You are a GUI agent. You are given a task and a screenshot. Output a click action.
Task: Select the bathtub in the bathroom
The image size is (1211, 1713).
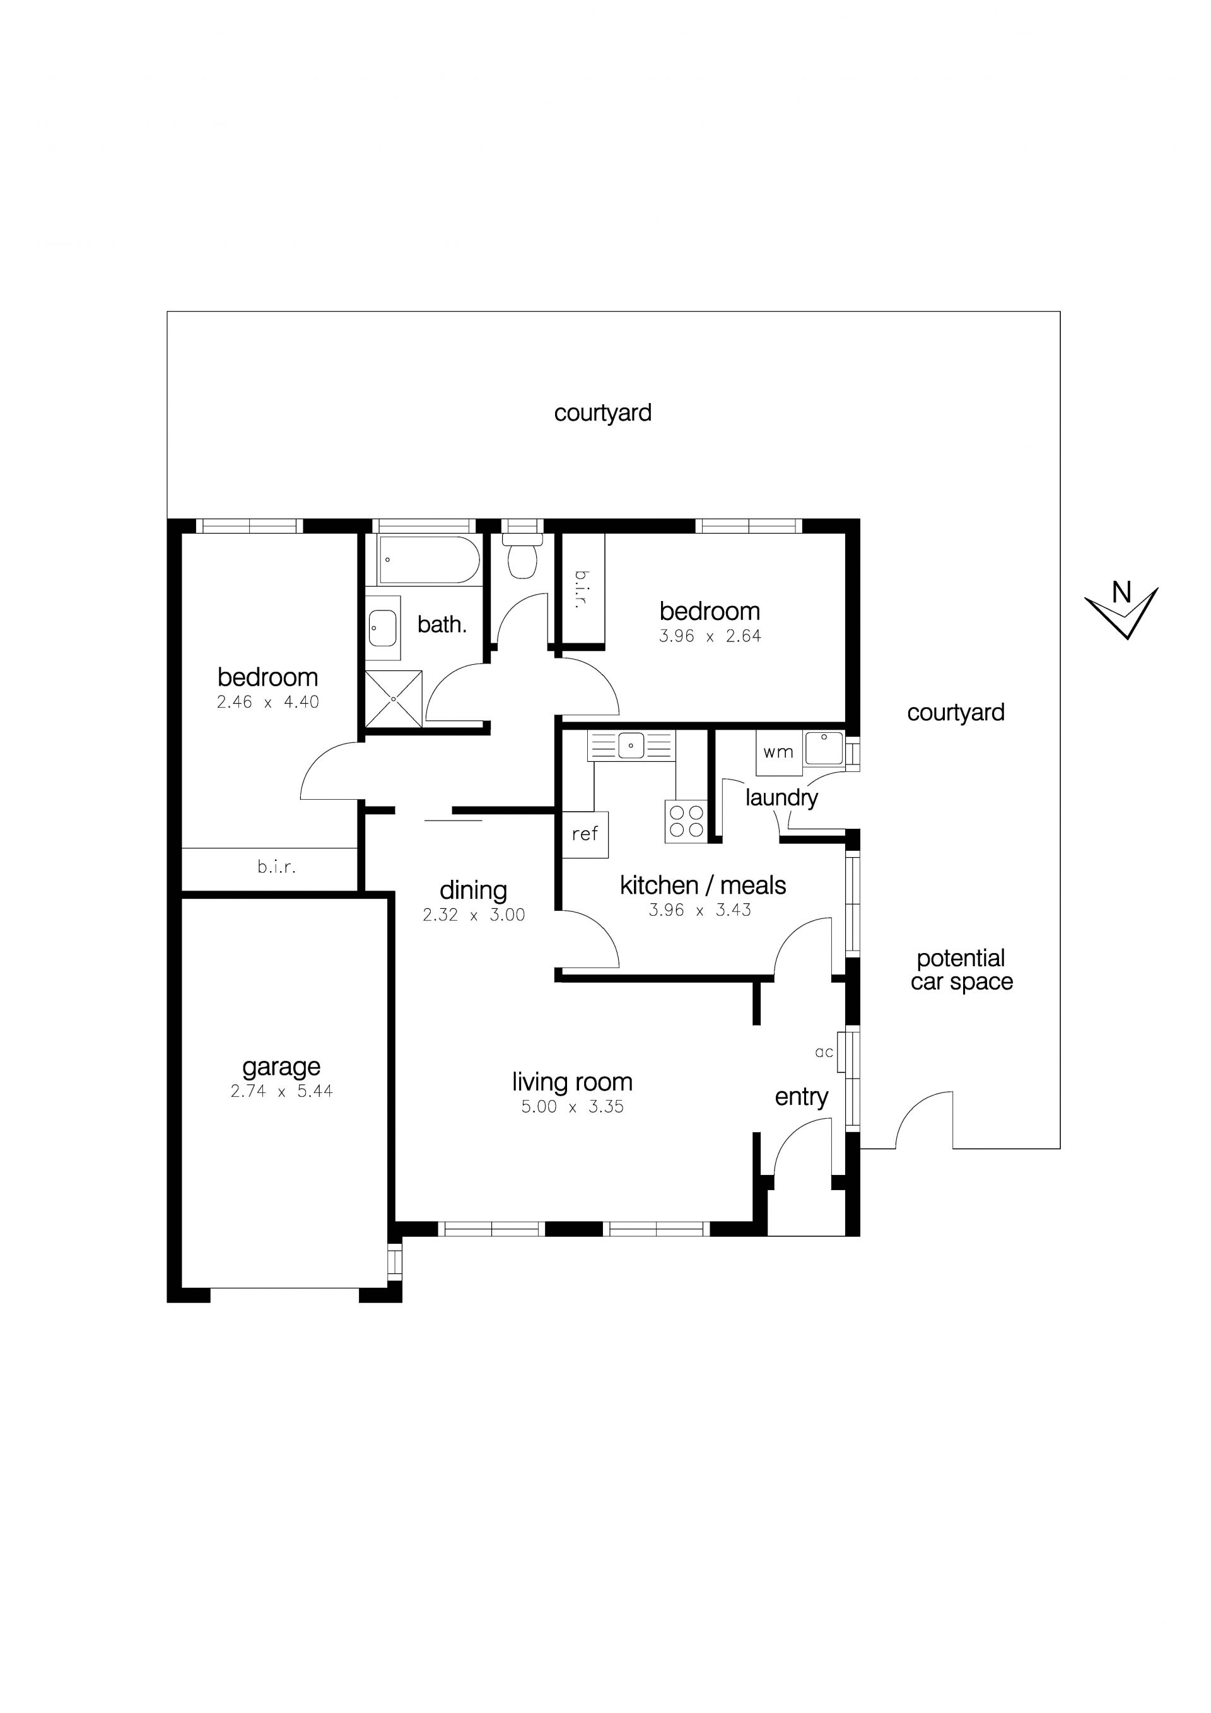pyautogui.click(x=428, y=559)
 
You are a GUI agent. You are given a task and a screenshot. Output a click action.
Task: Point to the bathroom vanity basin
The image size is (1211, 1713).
pyautogui.click(x=383, y=628)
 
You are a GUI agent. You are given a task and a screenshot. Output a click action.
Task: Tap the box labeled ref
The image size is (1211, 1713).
pyautogui.click(x=585, y=834)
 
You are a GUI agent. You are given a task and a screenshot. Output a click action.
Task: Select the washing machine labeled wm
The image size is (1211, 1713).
pyautogui.click(x=778, y=751)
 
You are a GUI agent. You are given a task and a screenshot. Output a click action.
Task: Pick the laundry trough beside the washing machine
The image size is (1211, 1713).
pyautogui.click(x=824, y=748)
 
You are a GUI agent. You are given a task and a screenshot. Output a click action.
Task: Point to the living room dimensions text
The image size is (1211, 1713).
pyautogui.click(x=572, y=1106)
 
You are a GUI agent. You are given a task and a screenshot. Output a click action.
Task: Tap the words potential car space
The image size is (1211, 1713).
pyautogui.click(x=962, y=970)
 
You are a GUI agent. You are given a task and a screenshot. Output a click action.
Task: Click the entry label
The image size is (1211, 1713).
pyautogui.click(x=802, y=1097)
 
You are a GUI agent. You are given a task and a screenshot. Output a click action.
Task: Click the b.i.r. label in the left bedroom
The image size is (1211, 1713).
pyautogui.click(x=277, y=867)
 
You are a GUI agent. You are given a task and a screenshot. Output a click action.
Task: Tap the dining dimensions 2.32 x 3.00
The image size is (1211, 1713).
pyautogui.click(x=474, y=915)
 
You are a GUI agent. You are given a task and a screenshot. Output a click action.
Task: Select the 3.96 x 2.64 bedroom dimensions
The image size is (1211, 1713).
pyautogui.click(x=710, y=636)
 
